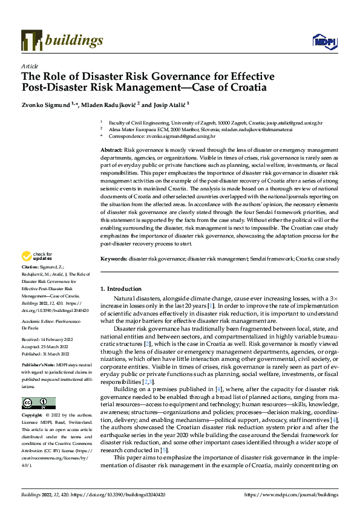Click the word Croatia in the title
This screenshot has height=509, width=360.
click(245, 87)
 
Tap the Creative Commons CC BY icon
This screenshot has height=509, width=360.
click(39, 403)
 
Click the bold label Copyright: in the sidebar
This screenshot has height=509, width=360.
click(33, 416)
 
